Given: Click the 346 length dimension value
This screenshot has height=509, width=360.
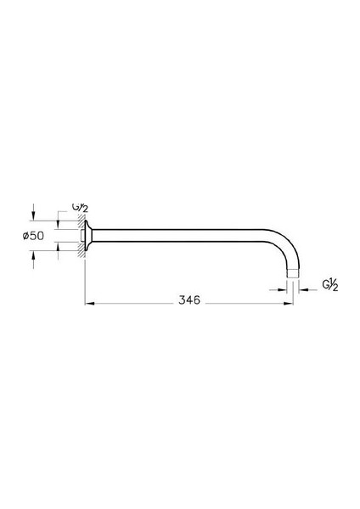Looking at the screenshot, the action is click(189, 300).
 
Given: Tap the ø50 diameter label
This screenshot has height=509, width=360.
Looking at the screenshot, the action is click(33, 236).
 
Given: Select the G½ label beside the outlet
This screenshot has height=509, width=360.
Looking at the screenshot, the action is click(330, 285).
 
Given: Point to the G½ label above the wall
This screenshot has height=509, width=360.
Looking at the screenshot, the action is click(80, 208).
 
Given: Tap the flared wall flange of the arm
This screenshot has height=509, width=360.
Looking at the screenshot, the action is click(87, 236).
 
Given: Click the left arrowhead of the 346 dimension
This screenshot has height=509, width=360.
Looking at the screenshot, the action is click(89, 304).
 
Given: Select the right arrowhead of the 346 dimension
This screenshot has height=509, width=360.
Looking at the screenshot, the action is click(289, 304).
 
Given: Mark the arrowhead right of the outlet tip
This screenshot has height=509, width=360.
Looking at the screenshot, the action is click(303, 289).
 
